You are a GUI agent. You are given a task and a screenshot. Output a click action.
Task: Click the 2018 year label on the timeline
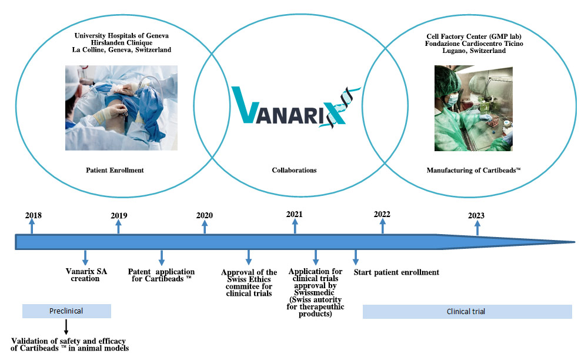pyautogui.click(x=34, y=215)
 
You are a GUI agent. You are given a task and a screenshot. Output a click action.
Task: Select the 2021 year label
pyautogui.click(x=295, y=214)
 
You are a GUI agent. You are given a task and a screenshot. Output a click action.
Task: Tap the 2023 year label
pyautogui.click(x=476, y=215)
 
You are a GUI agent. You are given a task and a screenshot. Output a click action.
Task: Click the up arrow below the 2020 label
pyautogui.click(x=205, y=227)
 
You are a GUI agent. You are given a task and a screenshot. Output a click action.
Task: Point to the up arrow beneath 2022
pyautogui.click(x=383, y=226)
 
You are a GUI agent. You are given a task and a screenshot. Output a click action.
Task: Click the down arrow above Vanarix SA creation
pyautogui.click(x=85, y=258)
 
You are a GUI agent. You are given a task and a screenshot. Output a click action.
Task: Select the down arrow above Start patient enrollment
pyautogui.click(x=356, y=257)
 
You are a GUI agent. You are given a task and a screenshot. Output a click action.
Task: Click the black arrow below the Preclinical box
pyautogui.click(x=66, y=326)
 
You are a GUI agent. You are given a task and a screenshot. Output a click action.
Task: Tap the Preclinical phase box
pyautogui.click(x=66, y=311)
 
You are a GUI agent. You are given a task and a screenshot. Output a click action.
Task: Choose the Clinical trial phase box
pyautogui.click(x=467, y=312)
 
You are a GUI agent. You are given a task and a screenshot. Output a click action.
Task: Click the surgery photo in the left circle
pyautogui.click(x=121, y=108)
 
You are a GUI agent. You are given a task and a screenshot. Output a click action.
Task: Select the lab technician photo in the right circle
pyautogui.click(x=473, y=108)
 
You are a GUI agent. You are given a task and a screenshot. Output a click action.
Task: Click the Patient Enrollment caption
pyautogui.click(x=115, y=170)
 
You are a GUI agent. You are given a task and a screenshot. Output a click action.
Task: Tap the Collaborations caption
pyautogui.click(x=295, y=170)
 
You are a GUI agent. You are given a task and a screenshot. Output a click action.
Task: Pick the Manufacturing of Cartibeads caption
pyautogui.click(x=473, y=170)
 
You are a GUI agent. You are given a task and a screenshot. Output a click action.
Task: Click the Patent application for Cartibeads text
pyautogui.click(x=161, y=275)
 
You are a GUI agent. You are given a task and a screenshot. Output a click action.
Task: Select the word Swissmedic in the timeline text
pyautogui.click(x=314, y=292)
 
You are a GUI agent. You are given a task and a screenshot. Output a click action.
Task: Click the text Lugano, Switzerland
pyautogui.click(x=474, y=51)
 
